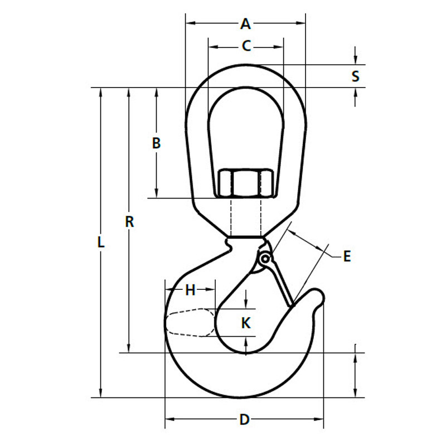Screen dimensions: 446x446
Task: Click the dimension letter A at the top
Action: [245, 23]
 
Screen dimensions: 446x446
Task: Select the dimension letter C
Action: [246, 46]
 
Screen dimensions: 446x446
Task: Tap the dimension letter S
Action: [356, 76]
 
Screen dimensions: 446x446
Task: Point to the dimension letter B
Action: [157, 143]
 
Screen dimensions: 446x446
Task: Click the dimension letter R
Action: [129, 221]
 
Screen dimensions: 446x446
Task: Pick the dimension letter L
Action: [101, 243]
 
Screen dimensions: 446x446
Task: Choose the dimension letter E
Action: [347, 256]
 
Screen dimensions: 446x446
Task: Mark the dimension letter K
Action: [246, 322]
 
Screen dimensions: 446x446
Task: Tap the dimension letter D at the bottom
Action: [244, 419]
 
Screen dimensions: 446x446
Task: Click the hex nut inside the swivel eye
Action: [245, 183]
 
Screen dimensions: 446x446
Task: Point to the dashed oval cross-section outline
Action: [190, 322]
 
